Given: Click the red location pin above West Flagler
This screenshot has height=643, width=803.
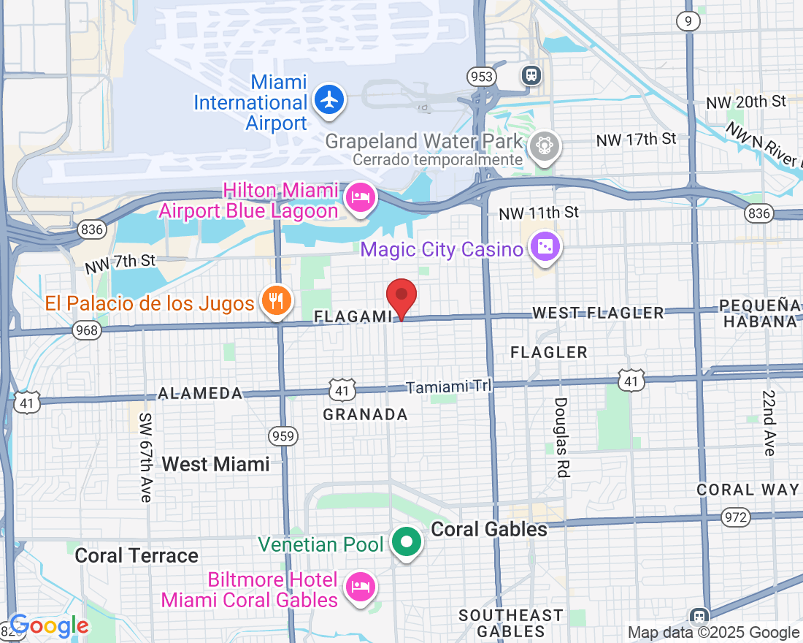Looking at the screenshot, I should [x=401, y=297].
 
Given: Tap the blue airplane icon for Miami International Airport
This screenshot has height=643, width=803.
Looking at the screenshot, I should [x=330, y=99].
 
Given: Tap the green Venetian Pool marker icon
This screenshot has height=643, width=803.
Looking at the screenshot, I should [x=405, y=543].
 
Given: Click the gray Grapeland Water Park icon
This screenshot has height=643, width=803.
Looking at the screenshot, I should [x=545, y=145].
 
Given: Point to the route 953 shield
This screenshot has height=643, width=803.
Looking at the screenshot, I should [x=482, y=77].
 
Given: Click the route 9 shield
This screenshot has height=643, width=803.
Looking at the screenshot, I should [x=688, y=21].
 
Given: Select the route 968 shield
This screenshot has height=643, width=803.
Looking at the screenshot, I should [x=86, y=331].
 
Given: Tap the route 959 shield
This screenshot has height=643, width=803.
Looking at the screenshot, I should [x=283, y=437].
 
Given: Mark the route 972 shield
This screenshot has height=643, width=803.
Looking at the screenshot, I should [x=735, y=517].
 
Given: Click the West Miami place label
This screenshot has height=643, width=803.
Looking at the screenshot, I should [x=215, y=464].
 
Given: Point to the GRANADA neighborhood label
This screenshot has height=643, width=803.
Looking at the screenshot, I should [x=365, y=415].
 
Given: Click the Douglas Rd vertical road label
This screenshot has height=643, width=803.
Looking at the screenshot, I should [x=561, y=437].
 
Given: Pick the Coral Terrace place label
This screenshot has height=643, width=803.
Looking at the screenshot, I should [x=137, y=556].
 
